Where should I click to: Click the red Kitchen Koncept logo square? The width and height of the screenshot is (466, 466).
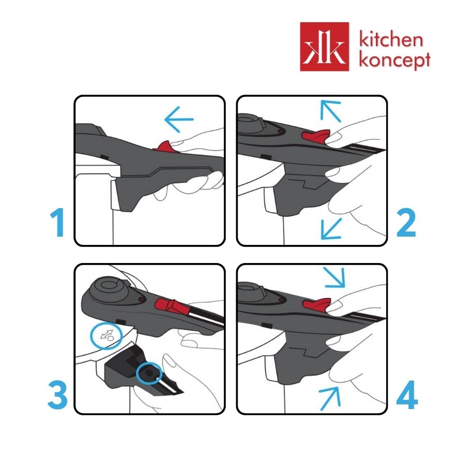click(325, 47)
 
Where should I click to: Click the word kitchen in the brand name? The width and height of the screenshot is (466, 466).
click(391, 39)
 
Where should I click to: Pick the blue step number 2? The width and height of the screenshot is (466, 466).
click(406, 222)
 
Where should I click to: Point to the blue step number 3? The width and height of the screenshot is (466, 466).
click(57, 395)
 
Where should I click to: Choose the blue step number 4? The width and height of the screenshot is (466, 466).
click(407, 395)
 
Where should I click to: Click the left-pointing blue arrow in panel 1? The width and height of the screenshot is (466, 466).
click(179, 119)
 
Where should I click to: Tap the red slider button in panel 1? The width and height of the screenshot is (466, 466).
click(163, 146)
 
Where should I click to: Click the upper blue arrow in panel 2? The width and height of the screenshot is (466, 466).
click(330, 111)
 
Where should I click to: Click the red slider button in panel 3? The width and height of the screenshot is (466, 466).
click(172, 307)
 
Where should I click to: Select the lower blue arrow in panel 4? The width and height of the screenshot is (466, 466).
click(330, 399)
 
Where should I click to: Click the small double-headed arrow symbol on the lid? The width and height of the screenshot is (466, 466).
click(107, 334)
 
